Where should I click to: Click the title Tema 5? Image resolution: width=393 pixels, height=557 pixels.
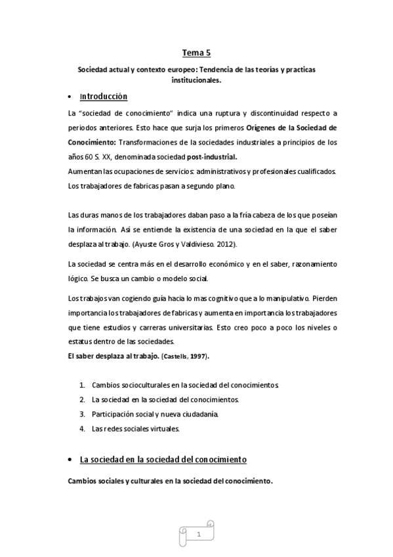tap(196, 52)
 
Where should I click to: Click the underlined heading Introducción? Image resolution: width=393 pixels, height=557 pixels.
tap(103, 97)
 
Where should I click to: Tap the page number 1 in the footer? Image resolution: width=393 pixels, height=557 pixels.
tap(197, 535)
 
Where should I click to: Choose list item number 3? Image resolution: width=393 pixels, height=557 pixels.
tap(83, 414)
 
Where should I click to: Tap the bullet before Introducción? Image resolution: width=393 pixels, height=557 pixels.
tap(70, 97)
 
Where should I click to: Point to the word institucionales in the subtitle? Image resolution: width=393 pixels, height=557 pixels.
tap(196, 81)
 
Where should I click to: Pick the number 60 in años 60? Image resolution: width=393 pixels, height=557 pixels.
tap(91, 157)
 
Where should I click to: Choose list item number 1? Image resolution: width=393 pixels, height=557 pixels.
tap(83, 384)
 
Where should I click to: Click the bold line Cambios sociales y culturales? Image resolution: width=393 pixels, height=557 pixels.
tap(170, 480)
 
